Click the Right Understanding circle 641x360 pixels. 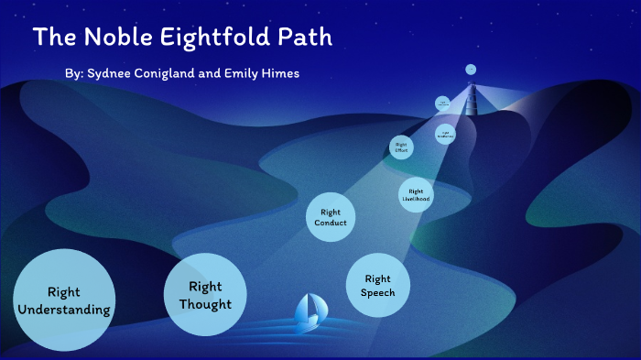[x=64, y=300]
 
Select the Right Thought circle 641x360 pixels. [x=205, y=294]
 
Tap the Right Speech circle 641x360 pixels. [x=378, y=285]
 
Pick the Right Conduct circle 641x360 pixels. [x=331, y=218]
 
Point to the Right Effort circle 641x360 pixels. [x=400, y=147]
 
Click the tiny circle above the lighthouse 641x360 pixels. [x=471, y=69]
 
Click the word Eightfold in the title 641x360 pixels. [x=208, y=38]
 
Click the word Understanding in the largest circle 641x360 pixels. [x=64, y=310]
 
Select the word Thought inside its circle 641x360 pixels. [x=205, y=303]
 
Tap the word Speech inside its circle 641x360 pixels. [x=378, y=292]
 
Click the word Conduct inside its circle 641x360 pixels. [x=331, y=224]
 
